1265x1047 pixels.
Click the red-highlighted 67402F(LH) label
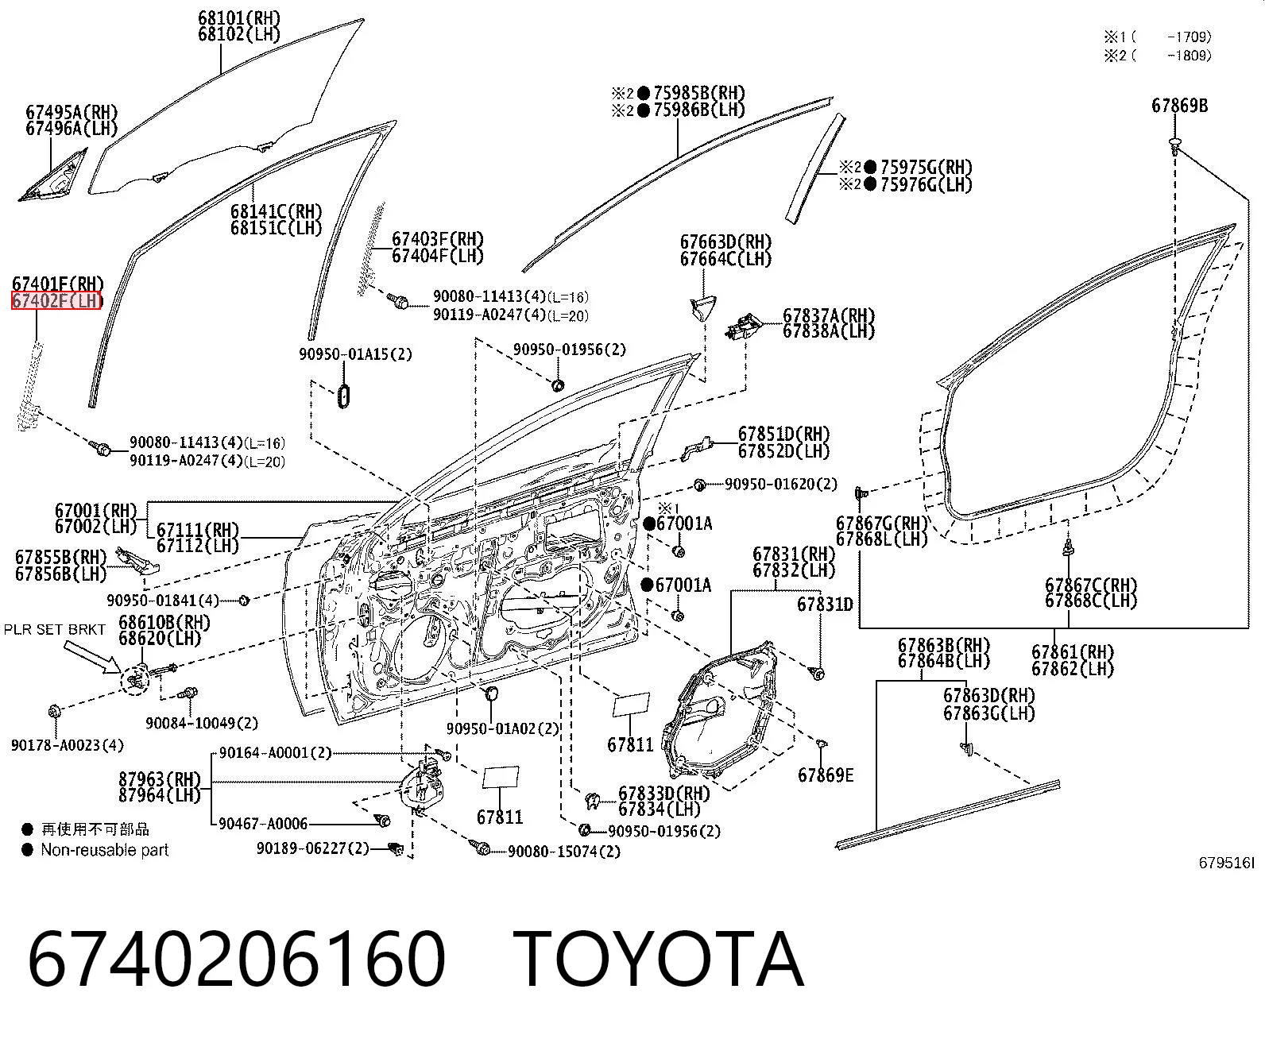pyautogui.click(x=56, y=300)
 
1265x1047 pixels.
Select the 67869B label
pyautogui.click(x=1179, y=106)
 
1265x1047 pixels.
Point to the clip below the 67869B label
pyautogui.click(x=1174, y=146)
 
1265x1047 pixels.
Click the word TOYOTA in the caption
pyautogui.click(x=658, y=960)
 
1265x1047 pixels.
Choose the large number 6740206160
pyautogui.click(x=236, y=960)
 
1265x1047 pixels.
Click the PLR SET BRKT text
pyautogui.click(x=55, y=629)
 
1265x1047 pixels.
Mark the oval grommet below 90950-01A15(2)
pyautogui.click(x=343, y=395)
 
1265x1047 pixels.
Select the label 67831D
pyautogui.click(x=825, y=604)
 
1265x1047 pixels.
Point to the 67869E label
pyautogui.click(x=825, y=775)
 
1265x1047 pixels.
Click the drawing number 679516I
pyautogui.click(x=1226, y=863)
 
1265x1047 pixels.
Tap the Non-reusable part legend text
pyautogui.click(x=104, y=850)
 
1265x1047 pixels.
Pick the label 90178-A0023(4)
pyautogui.click(x=68, y=745)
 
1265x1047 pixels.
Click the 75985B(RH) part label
pyautogui.click(x=699, y=93)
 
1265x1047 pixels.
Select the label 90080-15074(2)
pyautogui.click(x=564, y=852)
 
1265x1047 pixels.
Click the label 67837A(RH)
pyautogui.click(x=829, y=315)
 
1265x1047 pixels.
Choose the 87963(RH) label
pyautogui.click(x=160, y=778)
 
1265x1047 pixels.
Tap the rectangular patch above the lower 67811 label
pyautogui.click(x=501, y=778)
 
